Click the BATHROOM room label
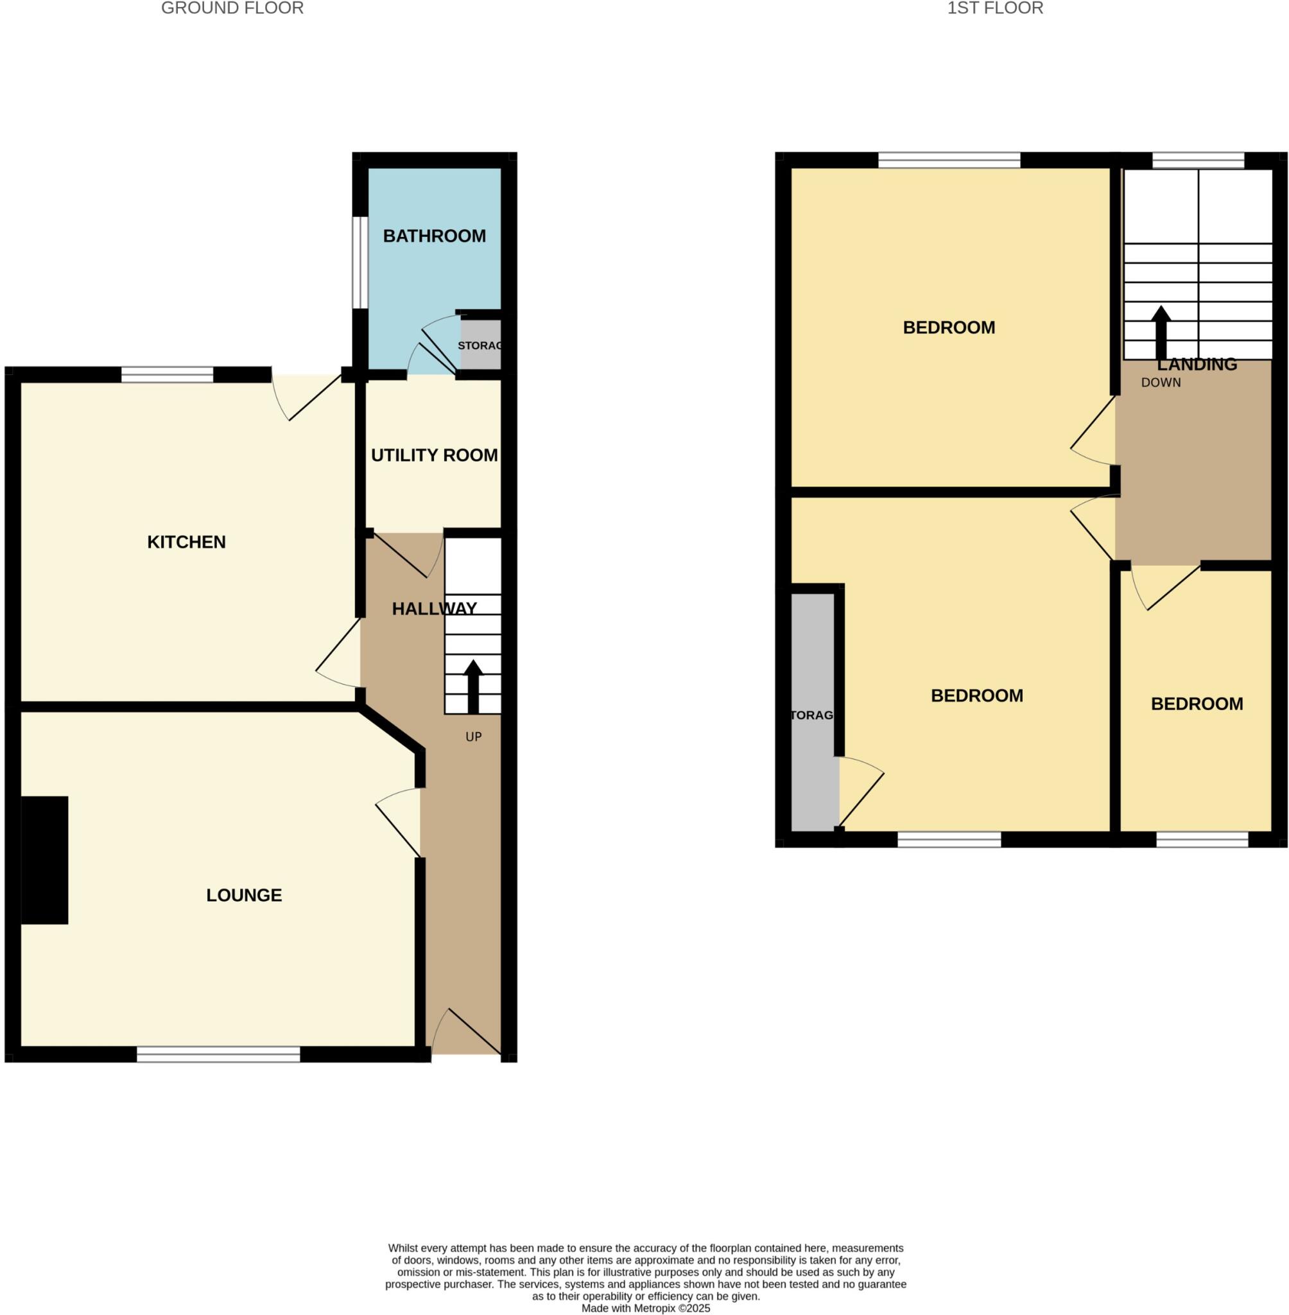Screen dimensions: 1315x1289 (434, 236)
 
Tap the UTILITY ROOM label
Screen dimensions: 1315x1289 (434, 455)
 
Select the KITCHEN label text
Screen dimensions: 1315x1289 (186, 542)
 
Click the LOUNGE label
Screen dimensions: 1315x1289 (244, 895)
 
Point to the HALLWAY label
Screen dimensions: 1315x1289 (434, 609)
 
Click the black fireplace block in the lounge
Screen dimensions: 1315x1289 (44, 860)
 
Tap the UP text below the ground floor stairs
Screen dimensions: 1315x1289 (473, 736)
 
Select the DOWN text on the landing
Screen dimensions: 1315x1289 (1161, 383)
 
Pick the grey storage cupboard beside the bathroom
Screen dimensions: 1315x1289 (481, 345)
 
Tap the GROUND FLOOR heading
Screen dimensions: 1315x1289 (232, 8)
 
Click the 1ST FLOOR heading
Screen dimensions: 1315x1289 (994, 8)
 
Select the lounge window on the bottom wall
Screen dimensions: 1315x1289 (218, 1054)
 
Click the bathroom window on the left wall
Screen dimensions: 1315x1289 (360, 263)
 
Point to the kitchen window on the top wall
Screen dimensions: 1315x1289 (167, 374)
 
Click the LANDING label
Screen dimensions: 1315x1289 (1197, 364)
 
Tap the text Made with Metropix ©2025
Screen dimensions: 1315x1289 (645, 1308)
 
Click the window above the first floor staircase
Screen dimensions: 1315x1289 (1198, 161)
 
